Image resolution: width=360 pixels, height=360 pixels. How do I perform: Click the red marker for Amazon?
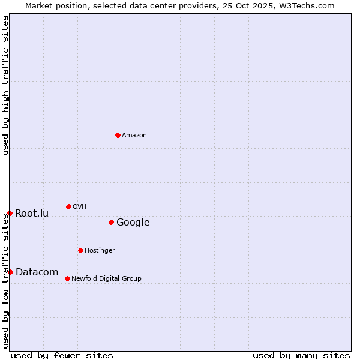tap(118, 135)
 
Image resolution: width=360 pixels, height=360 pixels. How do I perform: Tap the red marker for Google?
tap(111, 222)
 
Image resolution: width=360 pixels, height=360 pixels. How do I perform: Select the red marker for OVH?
tap(68, 206)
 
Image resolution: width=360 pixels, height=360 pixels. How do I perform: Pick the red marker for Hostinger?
tap(80, 250)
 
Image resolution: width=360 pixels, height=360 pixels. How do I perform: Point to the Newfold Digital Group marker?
tap(67, 278)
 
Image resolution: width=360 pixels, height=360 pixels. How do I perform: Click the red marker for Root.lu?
tap(10, 213)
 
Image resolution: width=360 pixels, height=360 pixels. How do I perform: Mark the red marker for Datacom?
tap(10, 272)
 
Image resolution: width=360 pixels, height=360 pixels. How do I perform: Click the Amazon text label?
tap(134, 135)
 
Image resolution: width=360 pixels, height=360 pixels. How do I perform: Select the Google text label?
tap(133, 222)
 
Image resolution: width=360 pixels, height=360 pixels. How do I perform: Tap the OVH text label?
tap(80, 206)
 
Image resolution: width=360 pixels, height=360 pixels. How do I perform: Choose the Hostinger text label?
tap(100, 250)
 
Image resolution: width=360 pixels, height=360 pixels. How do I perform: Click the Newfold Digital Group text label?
tap(106, 278)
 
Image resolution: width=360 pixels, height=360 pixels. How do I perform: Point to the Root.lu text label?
tap(32, 213)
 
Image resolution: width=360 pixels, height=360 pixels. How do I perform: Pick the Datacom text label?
tap(37, 272)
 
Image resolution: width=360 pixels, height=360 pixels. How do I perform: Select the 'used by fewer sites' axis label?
tap(62, 355)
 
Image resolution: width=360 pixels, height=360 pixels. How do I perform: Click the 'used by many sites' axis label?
tap(301, 355)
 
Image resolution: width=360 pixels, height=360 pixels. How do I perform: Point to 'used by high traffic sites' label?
tap(5, 85)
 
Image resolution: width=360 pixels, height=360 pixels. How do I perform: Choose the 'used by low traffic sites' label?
tap(5, 280)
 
